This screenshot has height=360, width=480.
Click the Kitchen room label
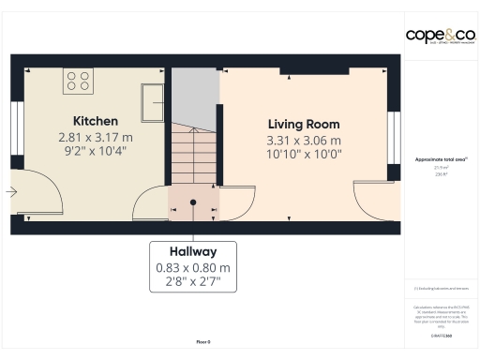[x=96, y=121]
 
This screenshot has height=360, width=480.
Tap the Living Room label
[x=303, y=124]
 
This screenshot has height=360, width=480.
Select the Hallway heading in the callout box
[x=193, y=251]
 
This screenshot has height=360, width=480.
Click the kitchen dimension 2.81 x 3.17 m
[x=96, y=136]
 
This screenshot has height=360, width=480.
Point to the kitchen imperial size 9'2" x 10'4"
[x=96, y=150]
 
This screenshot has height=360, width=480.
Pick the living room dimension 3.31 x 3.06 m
[x=303, y=140]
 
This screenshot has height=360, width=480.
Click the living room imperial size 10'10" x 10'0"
[x=303, y=154]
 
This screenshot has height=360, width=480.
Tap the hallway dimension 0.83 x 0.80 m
[x=193, y=267]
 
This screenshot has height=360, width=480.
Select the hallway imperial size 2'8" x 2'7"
[x=193, y=280]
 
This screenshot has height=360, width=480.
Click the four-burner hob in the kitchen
[x=77, y=82]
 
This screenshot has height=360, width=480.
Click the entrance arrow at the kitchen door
[x=10, y=193]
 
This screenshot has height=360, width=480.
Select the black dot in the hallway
[x=193, y=201]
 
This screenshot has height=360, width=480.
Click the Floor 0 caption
[x=202, y=342]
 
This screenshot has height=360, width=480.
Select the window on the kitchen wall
[x=16, y=125]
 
